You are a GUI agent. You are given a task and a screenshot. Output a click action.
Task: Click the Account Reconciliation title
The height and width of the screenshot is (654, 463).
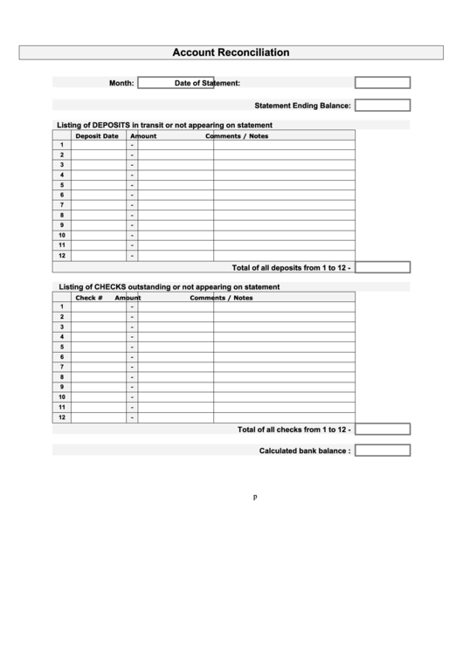(x=231, y=52)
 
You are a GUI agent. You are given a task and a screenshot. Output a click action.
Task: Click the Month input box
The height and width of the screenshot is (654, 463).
(x=176, y=83)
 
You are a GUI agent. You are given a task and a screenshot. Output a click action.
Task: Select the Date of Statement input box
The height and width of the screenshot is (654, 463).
(x=382, y=83)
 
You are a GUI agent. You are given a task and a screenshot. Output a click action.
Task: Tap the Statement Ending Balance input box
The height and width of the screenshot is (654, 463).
(x=382, y=106)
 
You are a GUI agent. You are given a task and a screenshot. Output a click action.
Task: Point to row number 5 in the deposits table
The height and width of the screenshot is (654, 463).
(x=62, y=185)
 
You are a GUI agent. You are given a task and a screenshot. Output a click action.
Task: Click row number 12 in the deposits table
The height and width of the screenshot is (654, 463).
(x=62, y=256)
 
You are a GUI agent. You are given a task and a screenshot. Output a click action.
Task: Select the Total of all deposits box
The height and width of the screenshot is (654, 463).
(x=382, y=267)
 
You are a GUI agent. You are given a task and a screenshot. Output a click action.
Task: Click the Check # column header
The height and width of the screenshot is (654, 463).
(x=89, y=298)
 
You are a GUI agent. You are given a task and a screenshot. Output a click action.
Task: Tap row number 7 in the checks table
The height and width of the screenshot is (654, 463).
(x=62, y=367)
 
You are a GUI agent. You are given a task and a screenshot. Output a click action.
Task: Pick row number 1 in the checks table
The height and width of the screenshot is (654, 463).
(x=62, y=306)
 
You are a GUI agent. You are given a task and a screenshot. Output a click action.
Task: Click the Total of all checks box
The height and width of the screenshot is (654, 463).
(x=382, y=429)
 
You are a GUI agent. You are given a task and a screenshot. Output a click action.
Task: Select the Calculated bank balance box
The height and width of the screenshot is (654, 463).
(x=382, y=451)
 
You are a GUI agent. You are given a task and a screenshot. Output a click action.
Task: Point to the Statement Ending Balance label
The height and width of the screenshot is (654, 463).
(x=302, y=106)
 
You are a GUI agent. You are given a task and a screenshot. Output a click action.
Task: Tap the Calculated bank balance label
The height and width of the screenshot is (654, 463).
(x=305, y=451)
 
